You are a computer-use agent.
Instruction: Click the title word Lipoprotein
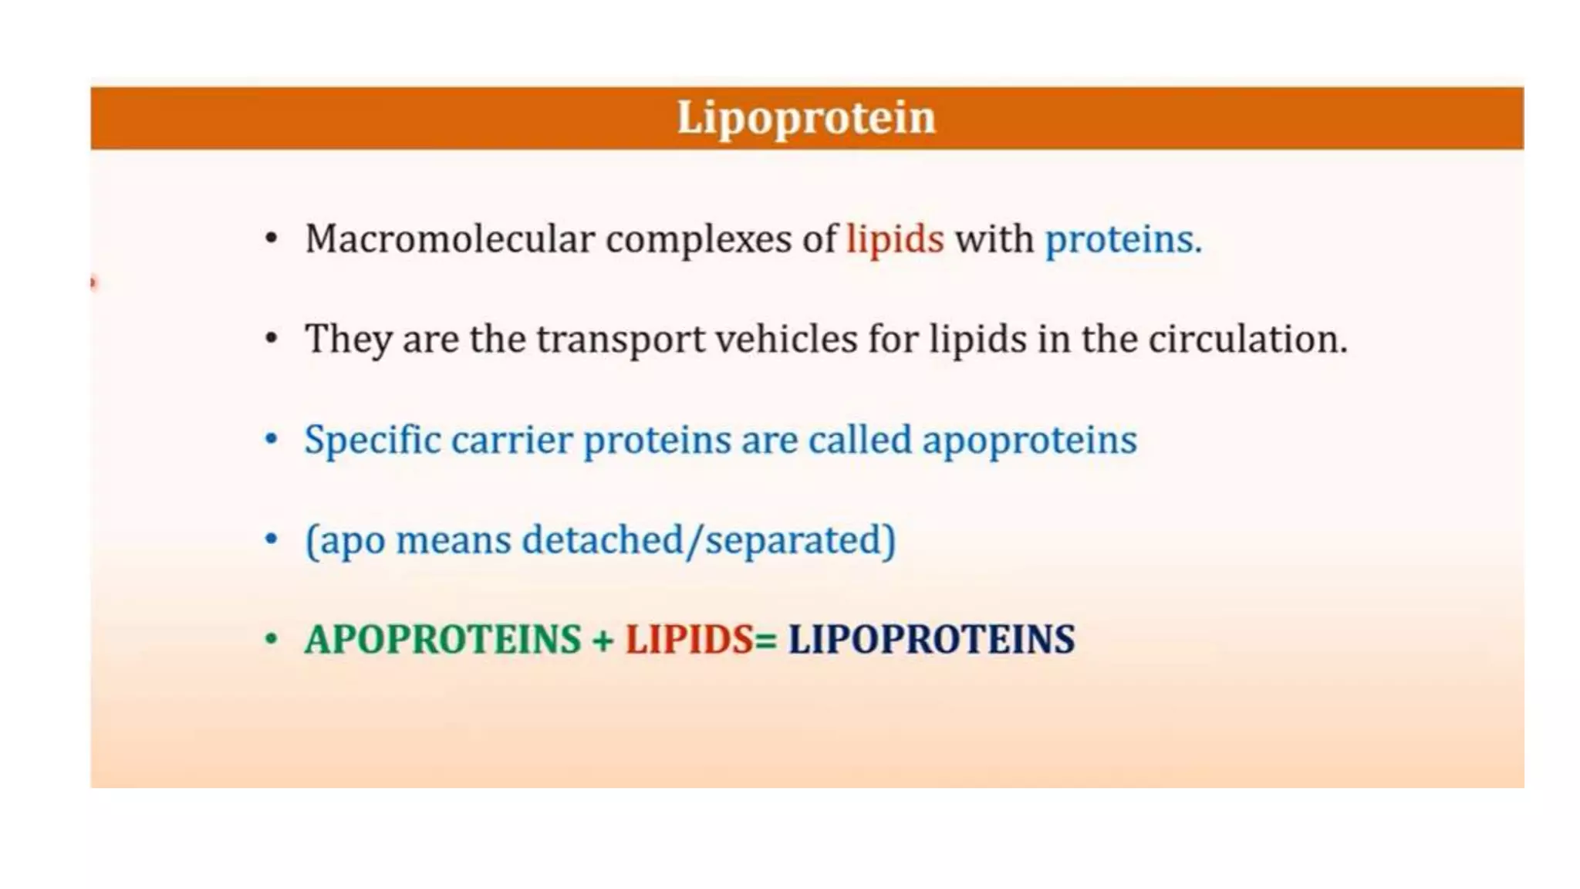805,118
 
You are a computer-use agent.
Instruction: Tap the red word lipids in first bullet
895,238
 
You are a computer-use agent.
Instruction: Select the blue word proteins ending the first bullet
1123,240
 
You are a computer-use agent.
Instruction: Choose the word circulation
1247,339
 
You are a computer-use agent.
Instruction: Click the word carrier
511,440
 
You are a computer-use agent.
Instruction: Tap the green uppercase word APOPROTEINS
443,640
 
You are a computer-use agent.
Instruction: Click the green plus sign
603,641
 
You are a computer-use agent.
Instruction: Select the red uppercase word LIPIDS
688,640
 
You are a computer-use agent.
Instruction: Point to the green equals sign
765,641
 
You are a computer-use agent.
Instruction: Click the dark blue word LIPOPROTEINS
930,640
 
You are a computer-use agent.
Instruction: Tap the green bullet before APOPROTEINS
271,639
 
